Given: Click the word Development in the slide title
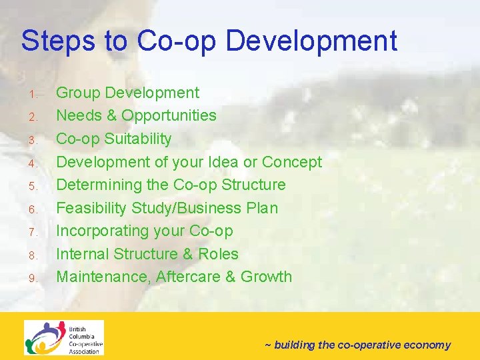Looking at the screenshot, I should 311,41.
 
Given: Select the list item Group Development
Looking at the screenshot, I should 127,93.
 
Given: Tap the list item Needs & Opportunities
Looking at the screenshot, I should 136,115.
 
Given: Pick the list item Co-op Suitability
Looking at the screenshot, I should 113,139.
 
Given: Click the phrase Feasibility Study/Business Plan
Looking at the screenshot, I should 167,208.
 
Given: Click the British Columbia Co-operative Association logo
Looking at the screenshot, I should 64,338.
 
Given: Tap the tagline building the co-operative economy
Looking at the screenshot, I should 357,345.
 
